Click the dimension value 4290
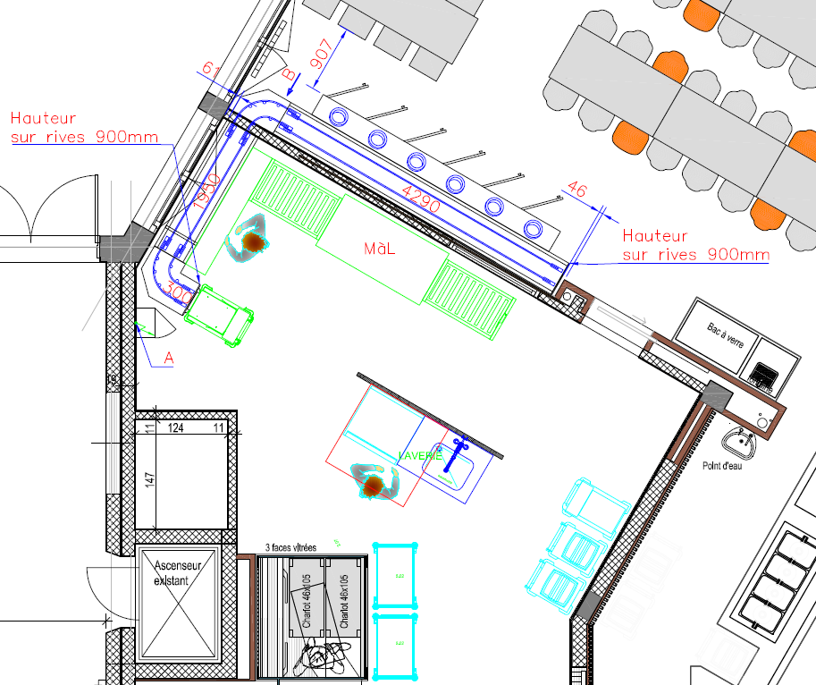420,199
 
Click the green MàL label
380,249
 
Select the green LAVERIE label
420,456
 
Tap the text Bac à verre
725,334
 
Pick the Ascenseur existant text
179,572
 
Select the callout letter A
168,358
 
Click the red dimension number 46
577,190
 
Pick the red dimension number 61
212,70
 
